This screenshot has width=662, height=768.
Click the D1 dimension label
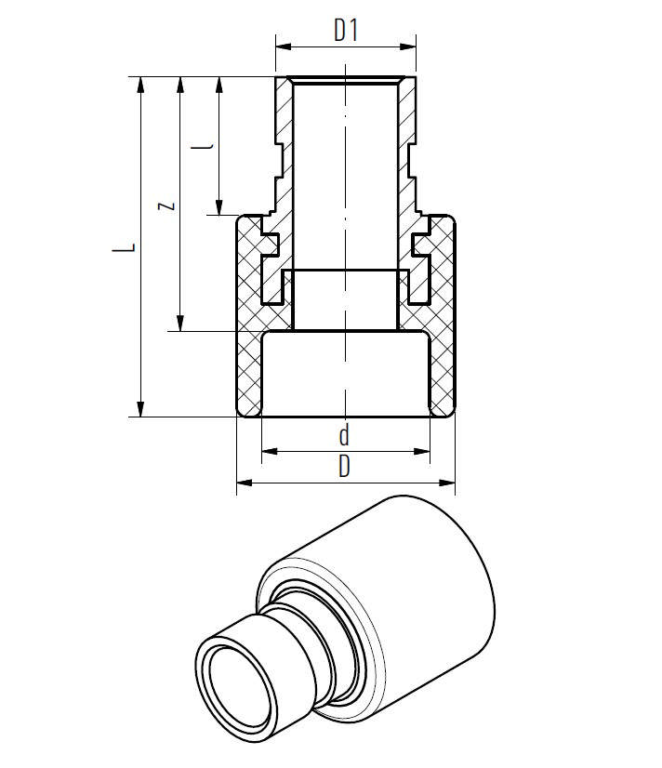(346, 31)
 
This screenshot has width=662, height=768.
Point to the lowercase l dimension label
(207, 146)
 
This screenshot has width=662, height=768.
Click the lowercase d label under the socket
(344, 435)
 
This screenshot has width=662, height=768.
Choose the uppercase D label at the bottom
(344, 467)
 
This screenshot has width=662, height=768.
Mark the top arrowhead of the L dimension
(141, 84)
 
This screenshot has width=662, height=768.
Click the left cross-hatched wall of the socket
(248, 353)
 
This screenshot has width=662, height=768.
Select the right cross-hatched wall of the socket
(442, 353)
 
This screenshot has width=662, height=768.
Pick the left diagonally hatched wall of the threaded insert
(283, 139)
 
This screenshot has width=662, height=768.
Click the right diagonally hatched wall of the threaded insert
(407, 139)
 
